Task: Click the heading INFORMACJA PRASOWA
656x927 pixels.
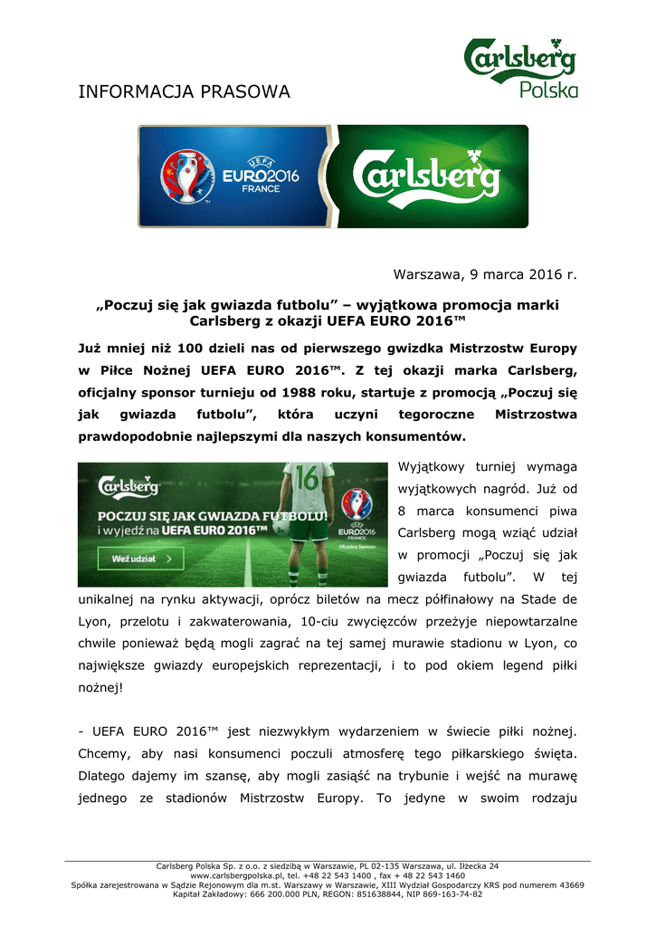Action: tap(184, 91)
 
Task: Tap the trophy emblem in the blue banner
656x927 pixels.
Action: tap(187, 176)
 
